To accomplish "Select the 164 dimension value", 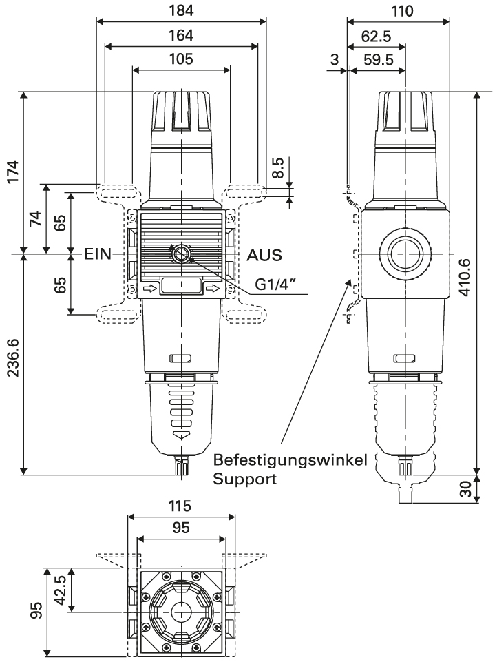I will [180, 35].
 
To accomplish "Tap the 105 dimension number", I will [180, 59].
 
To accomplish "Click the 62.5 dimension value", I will [376, 35].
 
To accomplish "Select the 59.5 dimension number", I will [378, 60].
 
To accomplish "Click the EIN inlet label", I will [97, 254].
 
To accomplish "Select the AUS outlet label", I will [264, 254].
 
